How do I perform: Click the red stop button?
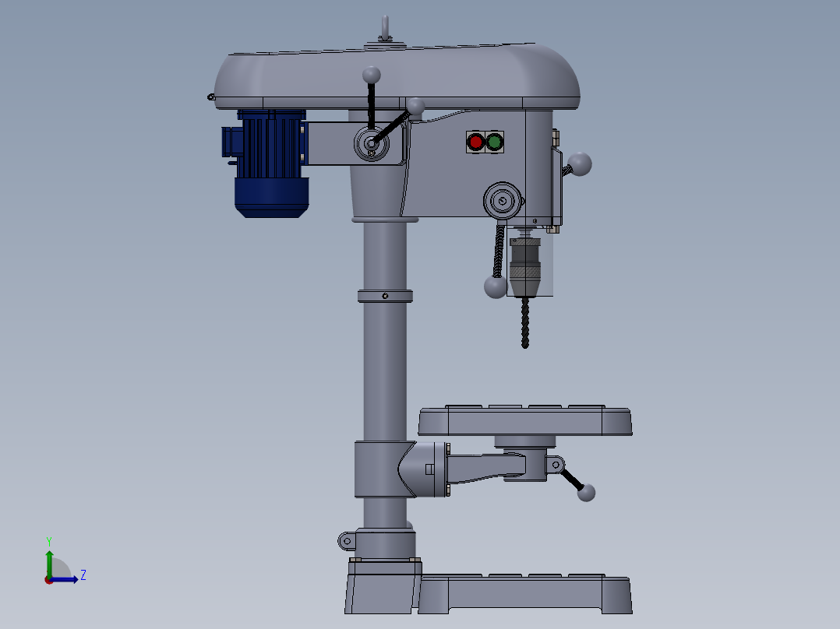pos(475,142)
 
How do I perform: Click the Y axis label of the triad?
pos(48,540)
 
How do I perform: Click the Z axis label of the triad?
pos(83,575)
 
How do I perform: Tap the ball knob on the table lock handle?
pos(586,492)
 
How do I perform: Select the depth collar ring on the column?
pos(384,296)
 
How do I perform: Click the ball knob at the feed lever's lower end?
pos(495,286)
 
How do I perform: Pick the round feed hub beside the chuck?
pos(503,202)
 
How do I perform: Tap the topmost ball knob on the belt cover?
pos(372,75)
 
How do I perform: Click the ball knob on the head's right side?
pos(581,164)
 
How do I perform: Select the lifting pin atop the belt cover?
pos(384,29)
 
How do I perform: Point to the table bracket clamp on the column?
pos(382,469)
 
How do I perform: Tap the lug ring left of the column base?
pos(347,539)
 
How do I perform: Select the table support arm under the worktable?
pos(487,467)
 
